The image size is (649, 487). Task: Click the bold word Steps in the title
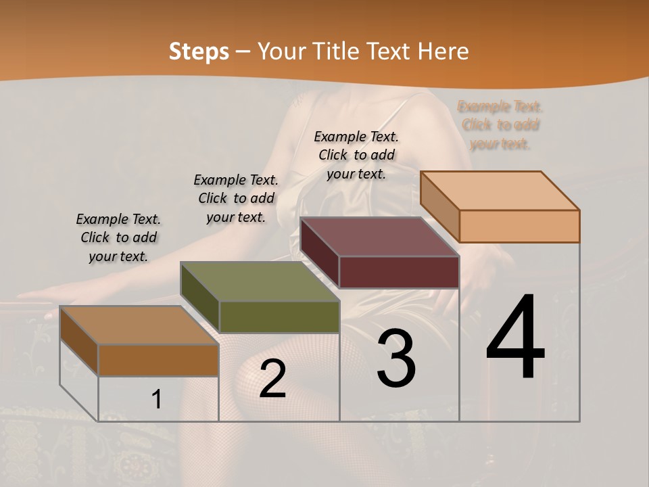(x=199, y=51)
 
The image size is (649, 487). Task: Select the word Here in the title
(x=443, y=51)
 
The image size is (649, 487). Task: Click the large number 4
(x=515, y=338)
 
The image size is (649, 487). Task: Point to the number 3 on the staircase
(x=396, y=358)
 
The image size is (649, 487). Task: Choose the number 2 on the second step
(x=272, y=379)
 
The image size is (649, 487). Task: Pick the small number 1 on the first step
(x=157, y=399)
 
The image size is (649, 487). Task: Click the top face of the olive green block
(x=260, y=281)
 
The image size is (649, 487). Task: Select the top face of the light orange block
(x=500, y=191)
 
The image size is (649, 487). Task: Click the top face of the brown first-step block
(x=139, y=325)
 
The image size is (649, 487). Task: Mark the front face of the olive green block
(x=279, y=317)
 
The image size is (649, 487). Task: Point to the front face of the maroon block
(x=399, y=272)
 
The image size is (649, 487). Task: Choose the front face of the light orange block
(x=519, y=226)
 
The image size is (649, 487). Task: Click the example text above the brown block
(x=118, y=237)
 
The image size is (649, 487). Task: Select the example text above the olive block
(x=236, y=198)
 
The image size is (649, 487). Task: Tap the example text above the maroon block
(x=356, y=155)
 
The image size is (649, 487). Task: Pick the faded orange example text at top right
(x=500, y=125)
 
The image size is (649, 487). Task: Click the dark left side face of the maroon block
(x=319, y=253)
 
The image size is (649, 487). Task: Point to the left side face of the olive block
(x=199, y=298)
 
